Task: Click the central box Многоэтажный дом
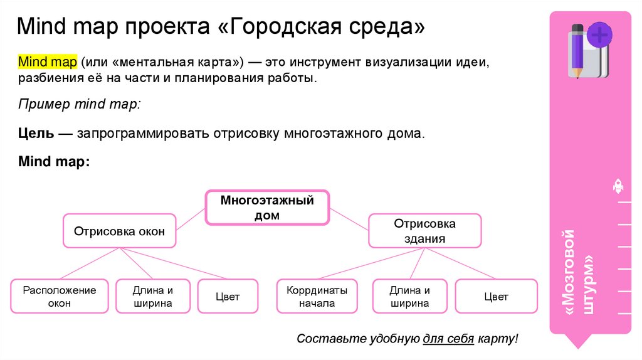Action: (x=267, y=208)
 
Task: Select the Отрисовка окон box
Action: (x=119, y=231)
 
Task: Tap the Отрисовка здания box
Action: (x=424, y=231)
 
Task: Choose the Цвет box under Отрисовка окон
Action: (x=228, y=296)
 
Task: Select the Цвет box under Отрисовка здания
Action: (x=496, y=296)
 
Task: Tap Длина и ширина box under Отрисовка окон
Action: (x=152, y=296)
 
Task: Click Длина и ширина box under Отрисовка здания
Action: (x=409, y=296)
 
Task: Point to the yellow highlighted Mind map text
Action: (x=47, y=63)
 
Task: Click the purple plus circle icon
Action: (x=599, y=34)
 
